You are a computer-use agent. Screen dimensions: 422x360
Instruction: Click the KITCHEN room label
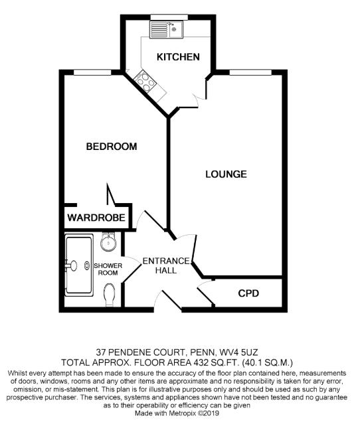click(177, 57)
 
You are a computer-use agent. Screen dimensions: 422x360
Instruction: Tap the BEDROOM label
click(111, 146)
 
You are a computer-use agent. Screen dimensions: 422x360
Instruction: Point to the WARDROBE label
click(96, 218)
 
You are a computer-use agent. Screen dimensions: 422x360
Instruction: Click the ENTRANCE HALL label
click(166, 266)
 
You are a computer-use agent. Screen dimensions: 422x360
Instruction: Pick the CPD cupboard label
click(248, 293)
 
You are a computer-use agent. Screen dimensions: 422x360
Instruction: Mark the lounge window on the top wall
click(249, 70)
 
